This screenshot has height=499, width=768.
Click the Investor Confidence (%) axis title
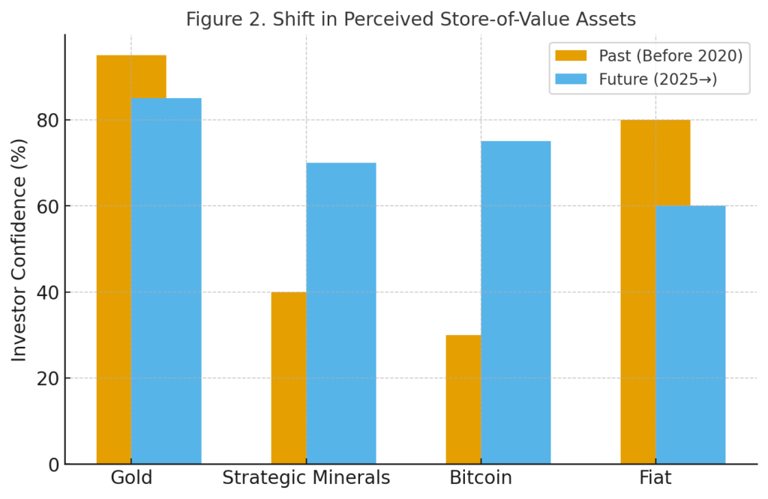19,250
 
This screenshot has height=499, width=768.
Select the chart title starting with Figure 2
410,18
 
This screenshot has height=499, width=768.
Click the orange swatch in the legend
570,55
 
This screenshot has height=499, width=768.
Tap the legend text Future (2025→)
658,79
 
